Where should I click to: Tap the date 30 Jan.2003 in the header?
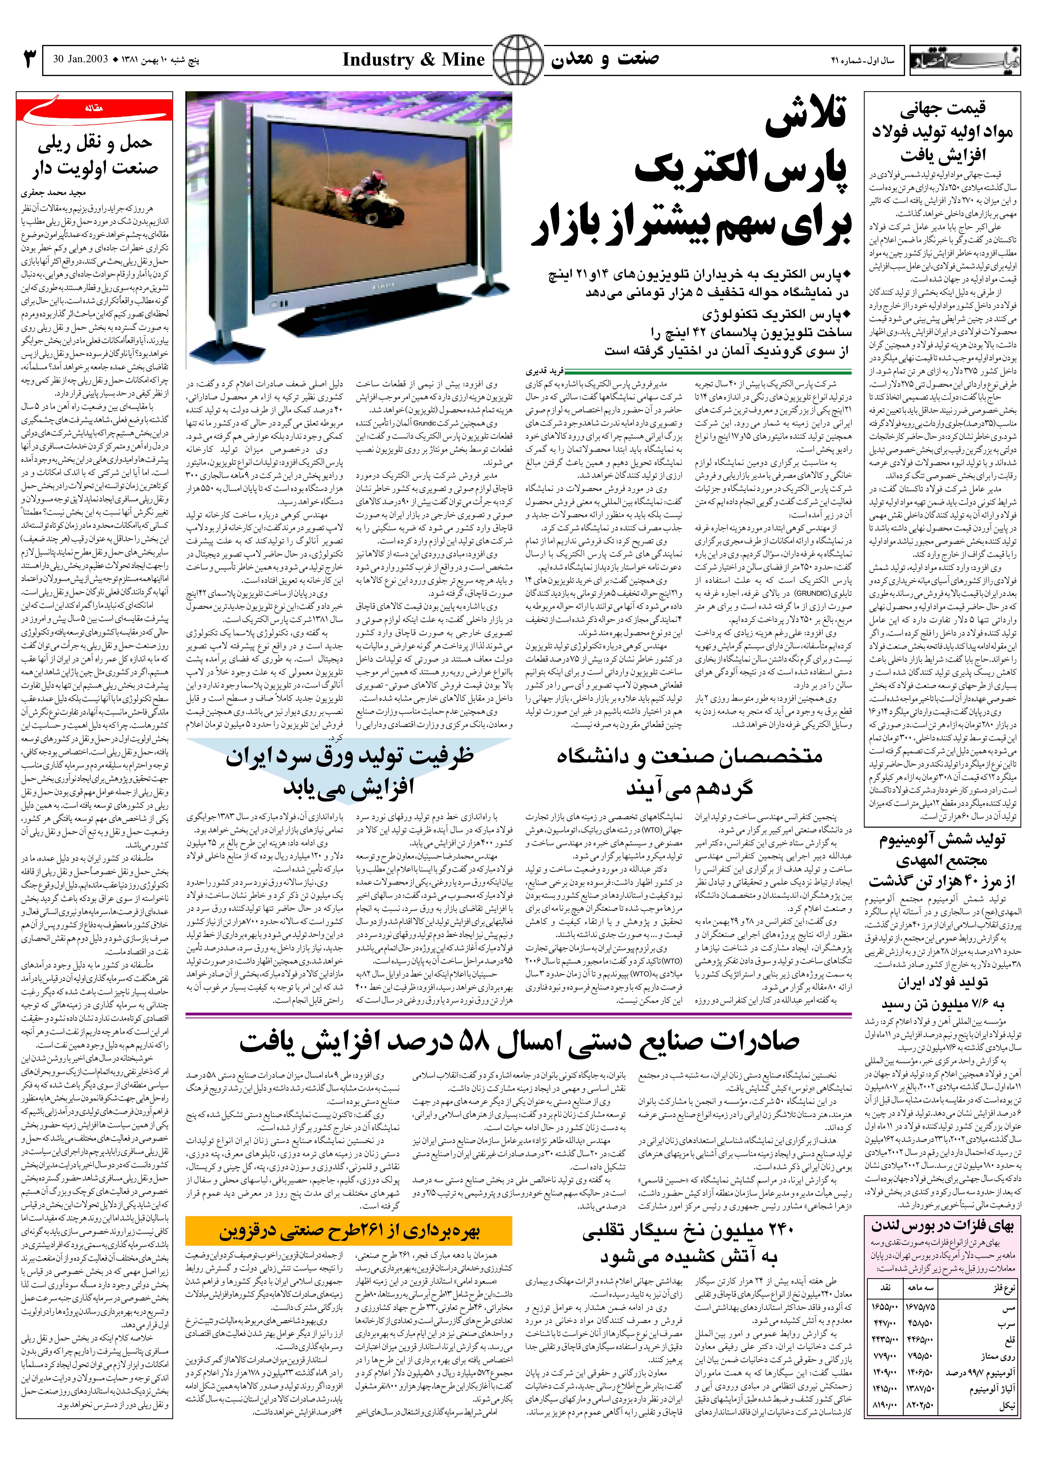80,60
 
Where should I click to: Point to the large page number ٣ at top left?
29,60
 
